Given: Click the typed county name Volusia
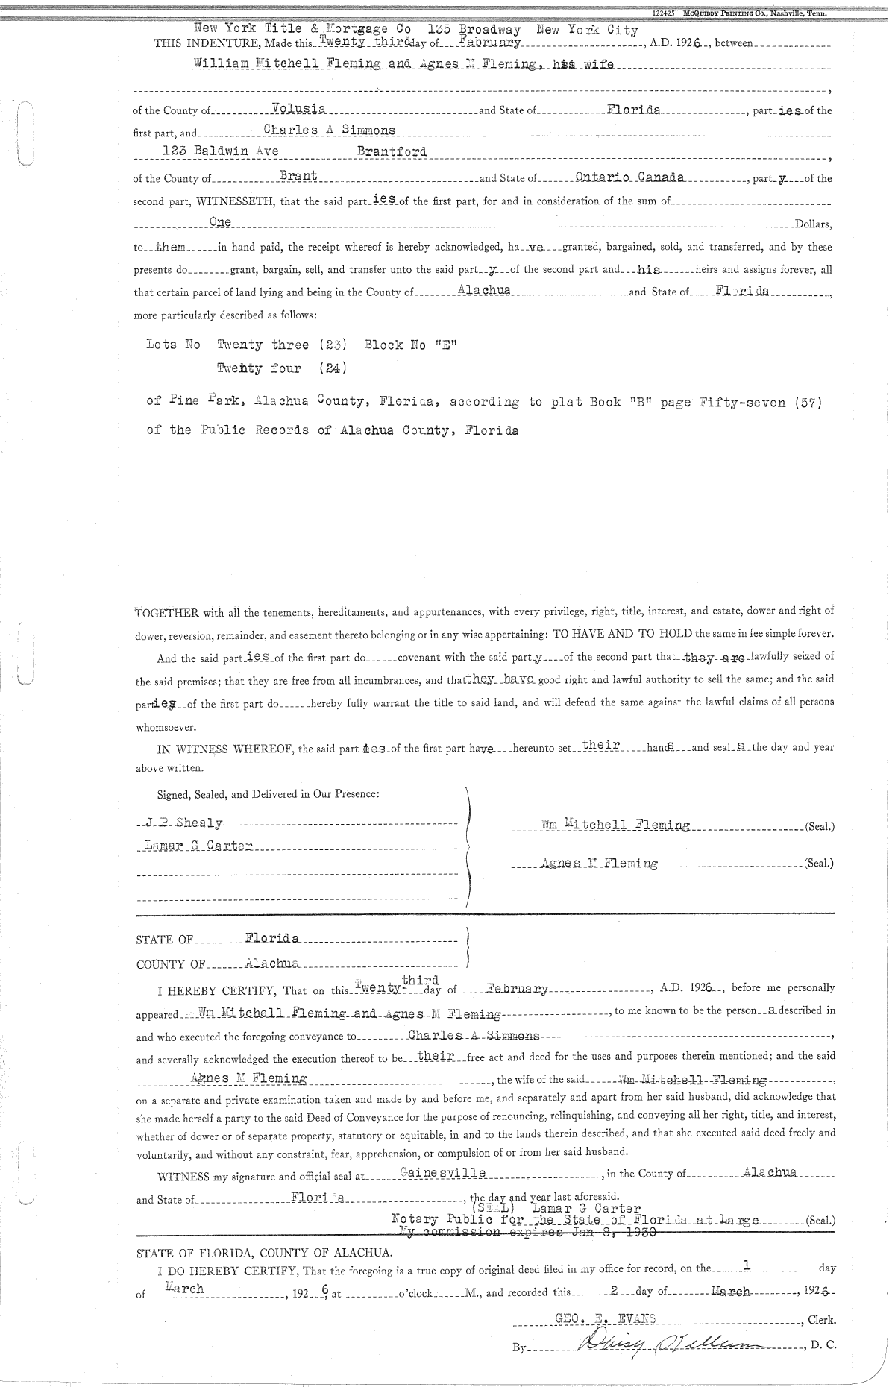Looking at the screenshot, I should tap(298, 109).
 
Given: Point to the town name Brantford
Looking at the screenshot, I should tap(392, 151).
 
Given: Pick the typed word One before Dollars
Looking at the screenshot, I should tap(221, 221).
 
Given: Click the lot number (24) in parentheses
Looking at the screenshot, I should tap(332, 368).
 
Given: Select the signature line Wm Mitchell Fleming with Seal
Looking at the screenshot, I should tap(615, 825).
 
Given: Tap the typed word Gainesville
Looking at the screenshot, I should tap(443, 1173).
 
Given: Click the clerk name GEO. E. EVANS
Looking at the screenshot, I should tap(605, 1318).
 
